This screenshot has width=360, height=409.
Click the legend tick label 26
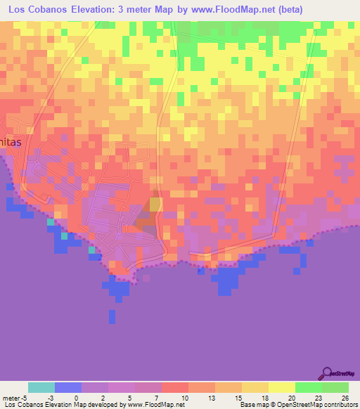345,397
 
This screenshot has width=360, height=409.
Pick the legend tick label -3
50,397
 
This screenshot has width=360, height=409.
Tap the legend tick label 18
265,397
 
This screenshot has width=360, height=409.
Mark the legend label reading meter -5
14,397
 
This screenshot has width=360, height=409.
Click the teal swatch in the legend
41,387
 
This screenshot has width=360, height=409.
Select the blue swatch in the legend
68,387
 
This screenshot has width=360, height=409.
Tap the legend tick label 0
77,397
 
